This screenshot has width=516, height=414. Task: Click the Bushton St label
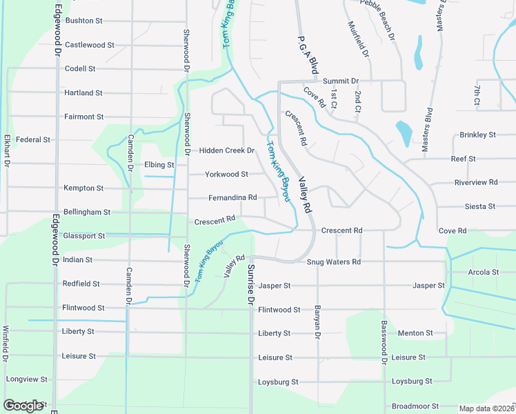(84, 21)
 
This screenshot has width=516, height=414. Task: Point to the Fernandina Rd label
(232, 198)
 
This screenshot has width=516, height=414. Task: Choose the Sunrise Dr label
(251, 285)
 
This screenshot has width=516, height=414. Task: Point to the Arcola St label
(483, 273)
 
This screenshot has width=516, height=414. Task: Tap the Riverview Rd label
(476, 182)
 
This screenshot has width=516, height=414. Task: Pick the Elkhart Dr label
(6, 151)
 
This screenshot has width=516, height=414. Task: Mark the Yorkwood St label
(226, 175)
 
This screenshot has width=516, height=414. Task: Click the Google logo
(23, 405)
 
